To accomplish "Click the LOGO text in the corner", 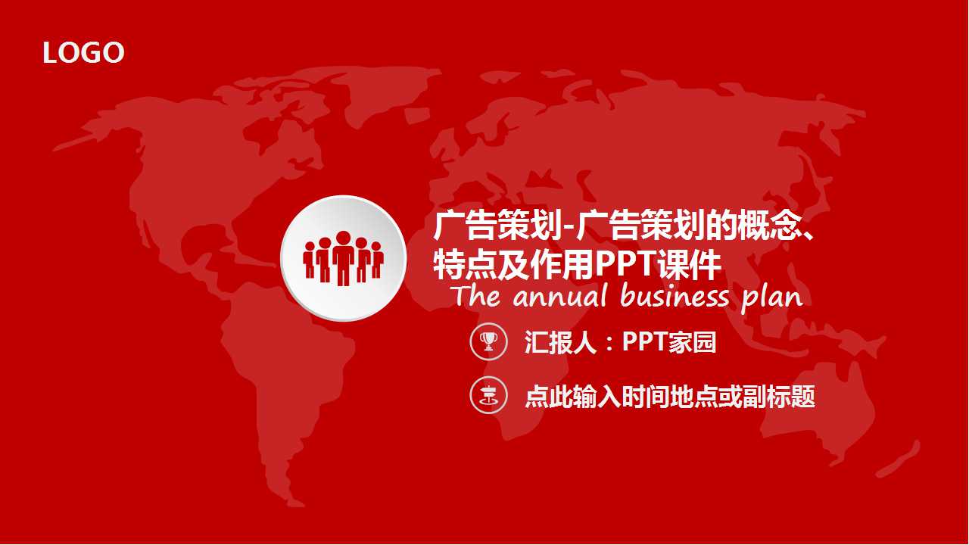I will [83, 53].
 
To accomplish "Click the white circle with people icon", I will [343, 258].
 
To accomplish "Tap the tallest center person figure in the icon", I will [344, 257].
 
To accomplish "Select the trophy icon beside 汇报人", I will [488, 342].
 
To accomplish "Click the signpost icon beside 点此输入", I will [488, 395].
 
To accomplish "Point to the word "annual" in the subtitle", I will [560, 296].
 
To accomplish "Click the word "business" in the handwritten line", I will [675, 295].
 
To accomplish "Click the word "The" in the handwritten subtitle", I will [477, 295].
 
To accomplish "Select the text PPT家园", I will [668, 342].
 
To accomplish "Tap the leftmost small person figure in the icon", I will [309, 260].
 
